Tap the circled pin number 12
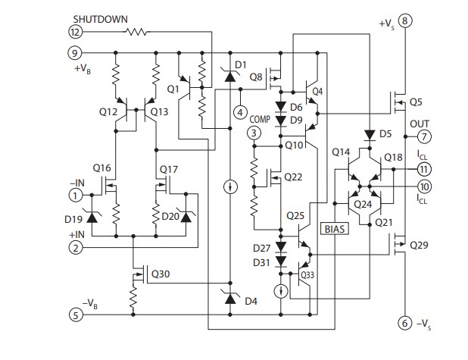[76, 33]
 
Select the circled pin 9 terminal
[76, 53]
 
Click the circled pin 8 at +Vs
[406, 20]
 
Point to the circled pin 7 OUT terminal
[424, 136]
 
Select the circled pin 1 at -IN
[76, 195]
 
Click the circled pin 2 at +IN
[76, 247]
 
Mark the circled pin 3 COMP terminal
[254, 133]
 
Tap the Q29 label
[420, 246]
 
